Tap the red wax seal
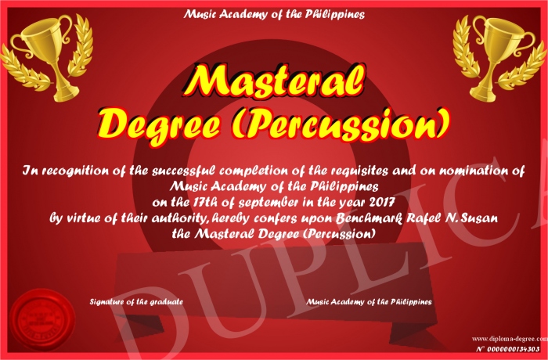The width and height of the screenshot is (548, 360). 42,320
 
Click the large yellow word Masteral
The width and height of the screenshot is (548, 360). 274,81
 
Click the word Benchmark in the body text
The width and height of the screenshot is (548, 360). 370,218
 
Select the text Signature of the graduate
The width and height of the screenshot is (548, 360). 136,301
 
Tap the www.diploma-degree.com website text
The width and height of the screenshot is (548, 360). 510,338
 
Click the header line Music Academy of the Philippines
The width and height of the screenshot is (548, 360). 274,14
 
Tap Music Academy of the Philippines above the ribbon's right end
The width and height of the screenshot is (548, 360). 369,301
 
